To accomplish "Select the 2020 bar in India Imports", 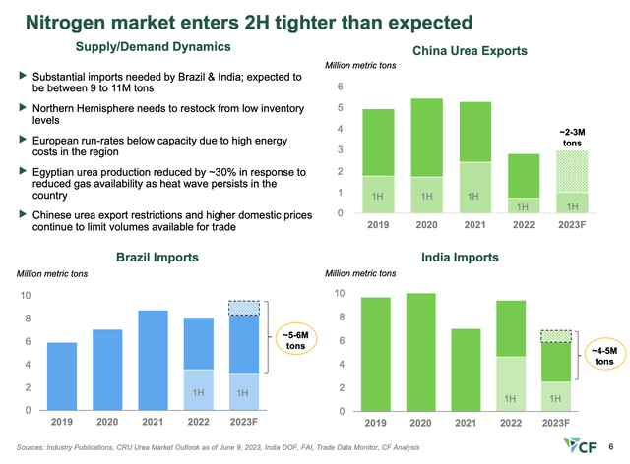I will pos(420,351).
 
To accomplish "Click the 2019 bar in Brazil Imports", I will pos(62,376).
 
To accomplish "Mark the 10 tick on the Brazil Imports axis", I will pos(27,295).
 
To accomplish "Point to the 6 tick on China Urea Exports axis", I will pos(341,87).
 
